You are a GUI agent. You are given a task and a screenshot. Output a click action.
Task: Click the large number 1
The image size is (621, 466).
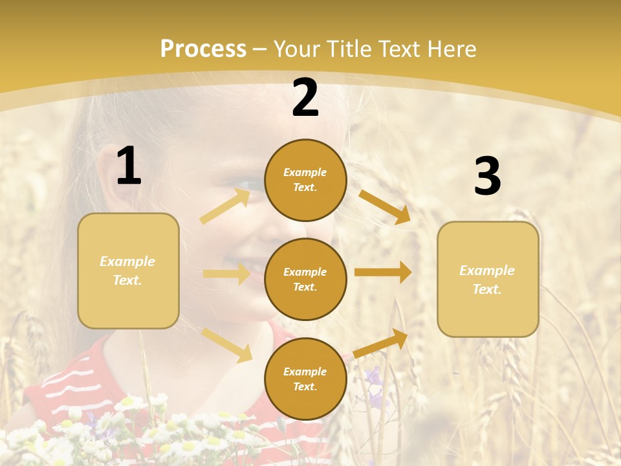[x=129, y=166]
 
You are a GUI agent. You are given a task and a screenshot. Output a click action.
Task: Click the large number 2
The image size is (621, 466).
[x=305, y=98]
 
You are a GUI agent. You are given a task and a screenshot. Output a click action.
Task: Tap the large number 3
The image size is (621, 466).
[x=487, y=177]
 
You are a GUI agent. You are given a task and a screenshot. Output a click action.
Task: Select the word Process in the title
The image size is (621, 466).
[x=203, y=49]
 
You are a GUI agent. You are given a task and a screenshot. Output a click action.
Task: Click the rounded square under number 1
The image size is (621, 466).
[x=128, y=271]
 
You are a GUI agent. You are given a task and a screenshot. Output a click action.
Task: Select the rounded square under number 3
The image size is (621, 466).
[x=488, y=280]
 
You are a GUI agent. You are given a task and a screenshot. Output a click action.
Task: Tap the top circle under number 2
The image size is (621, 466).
[x=305, y=180]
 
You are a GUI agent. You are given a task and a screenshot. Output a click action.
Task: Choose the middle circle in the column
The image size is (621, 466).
[x=305, y=280]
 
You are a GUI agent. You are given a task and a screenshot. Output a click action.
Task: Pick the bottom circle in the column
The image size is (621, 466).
[x=305, y=379]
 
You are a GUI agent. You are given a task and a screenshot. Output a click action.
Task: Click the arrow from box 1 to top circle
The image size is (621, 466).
[x=225, y=206]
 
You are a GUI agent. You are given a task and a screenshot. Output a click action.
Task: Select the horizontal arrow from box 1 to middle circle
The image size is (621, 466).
[x=226, y=274]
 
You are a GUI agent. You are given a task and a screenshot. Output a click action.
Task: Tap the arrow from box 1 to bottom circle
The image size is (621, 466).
[x=227, y=344]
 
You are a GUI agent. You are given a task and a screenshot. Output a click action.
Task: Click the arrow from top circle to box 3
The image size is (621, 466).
[x=385, y=207]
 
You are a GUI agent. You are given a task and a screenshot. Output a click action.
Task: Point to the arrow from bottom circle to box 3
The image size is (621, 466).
[x=381, y=343]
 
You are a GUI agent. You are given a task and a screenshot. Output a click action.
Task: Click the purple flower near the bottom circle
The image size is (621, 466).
[x=373, y=377]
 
